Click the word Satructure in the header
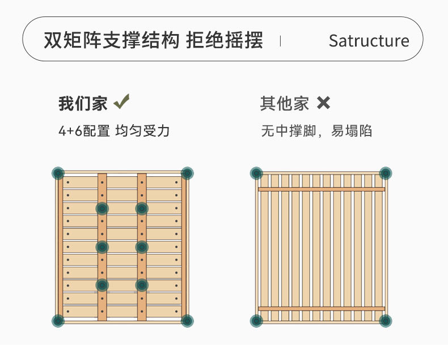coord(369,41)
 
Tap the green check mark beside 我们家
coord(121,102)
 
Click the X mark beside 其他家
coord(323,103)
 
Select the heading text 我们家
coord(83,103)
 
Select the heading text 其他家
coord(285,103)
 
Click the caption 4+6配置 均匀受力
coord(114,131)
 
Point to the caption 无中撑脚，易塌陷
coord(316,131)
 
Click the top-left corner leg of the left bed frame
coord(58,173)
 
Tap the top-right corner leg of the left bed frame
coord(187,173)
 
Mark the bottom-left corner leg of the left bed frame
coord(58,321)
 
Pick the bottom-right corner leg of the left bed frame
coord(187,321)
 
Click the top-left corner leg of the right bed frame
coord(256,173)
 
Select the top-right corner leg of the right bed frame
coord(386,173)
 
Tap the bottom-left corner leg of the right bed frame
coord(256,321)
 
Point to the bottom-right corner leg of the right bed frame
coord(386,321)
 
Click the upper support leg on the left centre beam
coord(102,209)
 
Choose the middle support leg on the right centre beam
coord(142,247)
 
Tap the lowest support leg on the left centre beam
coord(102,285)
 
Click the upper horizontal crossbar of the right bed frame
coord(321,189)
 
